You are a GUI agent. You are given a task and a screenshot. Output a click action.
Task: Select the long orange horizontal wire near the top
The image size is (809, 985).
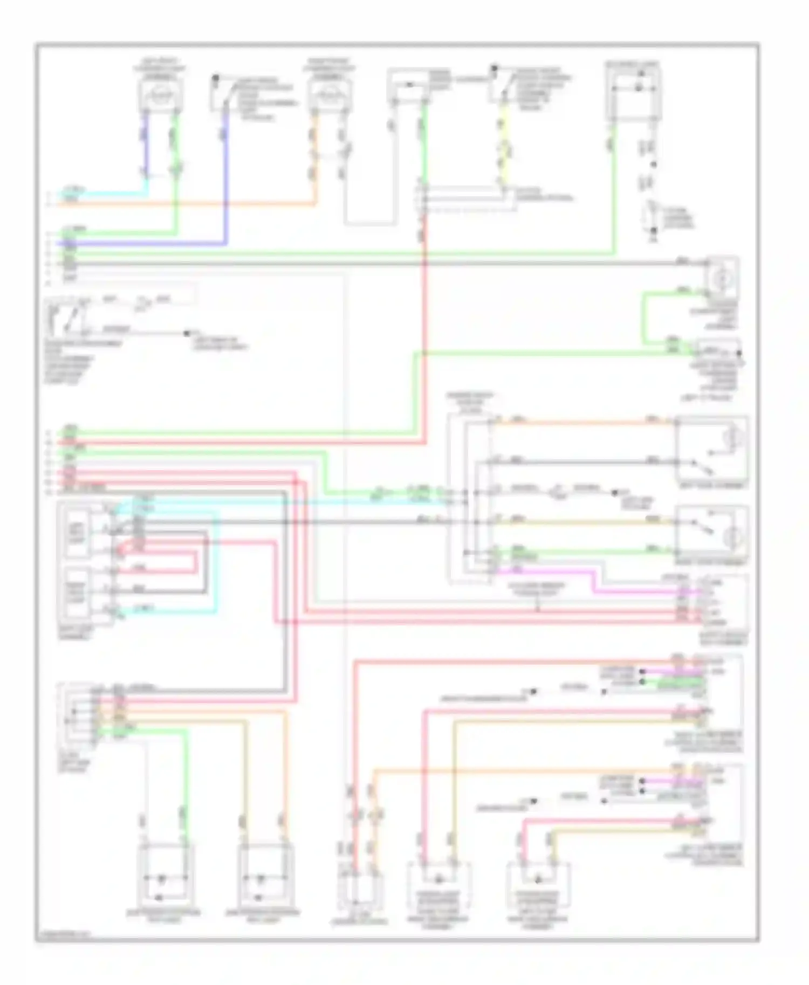click(x=189, y=204)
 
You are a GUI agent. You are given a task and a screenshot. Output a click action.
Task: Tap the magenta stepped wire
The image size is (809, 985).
click(x=593, y=582)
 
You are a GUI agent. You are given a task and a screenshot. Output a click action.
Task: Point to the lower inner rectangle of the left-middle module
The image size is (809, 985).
click(x=77, y=591)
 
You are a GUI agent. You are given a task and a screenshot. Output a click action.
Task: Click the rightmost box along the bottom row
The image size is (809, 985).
click(x=538, y=890)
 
